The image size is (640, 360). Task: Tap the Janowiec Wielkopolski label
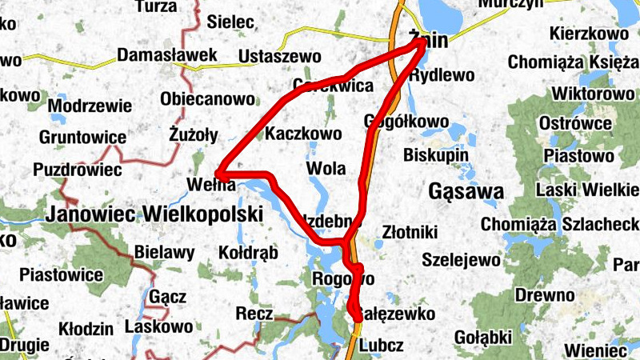click(154, 214)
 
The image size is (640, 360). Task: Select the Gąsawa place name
click(466, 192)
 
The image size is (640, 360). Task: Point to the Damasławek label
click(167, 56)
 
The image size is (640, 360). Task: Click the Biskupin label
click(435, 152)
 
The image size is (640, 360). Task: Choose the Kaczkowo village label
click(303, 133)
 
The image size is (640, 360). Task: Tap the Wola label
click(326, 169)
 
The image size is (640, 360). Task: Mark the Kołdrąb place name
click(248, 253)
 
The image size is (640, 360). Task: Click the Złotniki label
click(409, 232)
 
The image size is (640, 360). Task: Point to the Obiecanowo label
click(208, 100)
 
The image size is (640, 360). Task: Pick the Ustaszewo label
click(279, 57)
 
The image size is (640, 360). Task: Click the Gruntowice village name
click(87, 138)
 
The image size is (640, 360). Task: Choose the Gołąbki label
click(482, 336)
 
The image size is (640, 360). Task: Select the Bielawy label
click(164, 253)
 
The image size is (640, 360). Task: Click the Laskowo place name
click(158, 326)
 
